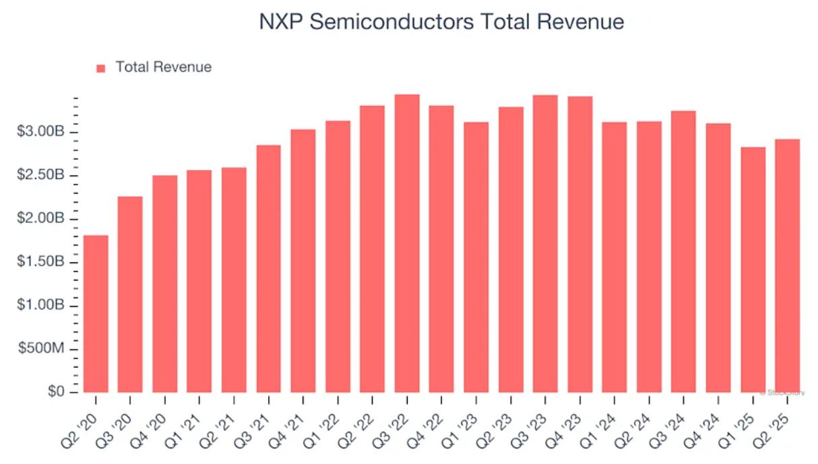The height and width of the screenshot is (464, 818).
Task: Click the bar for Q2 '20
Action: point(96,314)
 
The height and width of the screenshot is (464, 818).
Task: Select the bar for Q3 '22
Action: point(407,243)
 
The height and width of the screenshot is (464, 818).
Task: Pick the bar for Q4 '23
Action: point(579,244)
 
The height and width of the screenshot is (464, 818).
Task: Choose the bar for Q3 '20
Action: point(130,294)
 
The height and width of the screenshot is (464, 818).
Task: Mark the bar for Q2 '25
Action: point(787,266)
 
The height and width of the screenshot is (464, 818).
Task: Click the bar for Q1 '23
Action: point(476,257)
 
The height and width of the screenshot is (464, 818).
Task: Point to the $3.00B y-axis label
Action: point(40,132)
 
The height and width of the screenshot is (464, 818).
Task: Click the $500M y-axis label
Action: point(42,349)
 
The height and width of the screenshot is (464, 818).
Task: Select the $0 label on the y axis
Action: point(56,392)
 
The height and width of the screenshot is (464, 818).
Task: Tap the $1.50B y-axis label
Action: point(40,262)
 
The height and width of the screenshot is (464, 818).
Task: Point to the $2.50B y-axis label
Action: point(40,175)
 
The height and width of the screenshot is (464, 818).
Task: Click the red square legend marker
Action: point(101,67)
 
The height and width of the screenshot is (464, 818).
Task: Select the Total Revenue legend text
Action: point(163,67)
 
